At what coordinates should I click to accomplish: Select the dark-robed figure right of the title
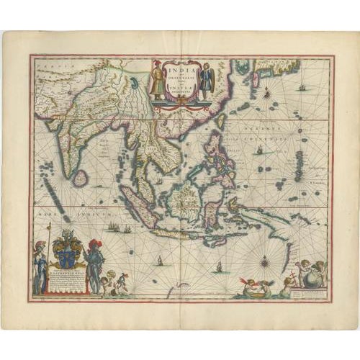207,81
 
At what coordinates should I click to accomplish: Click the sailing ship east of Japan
302,88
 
